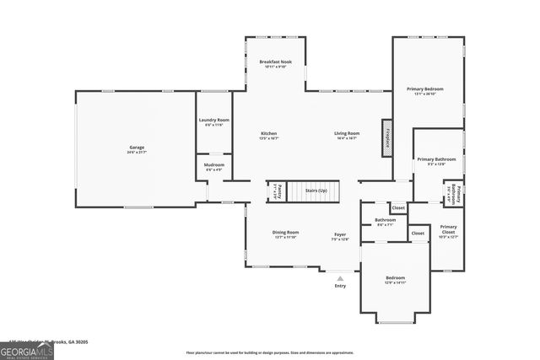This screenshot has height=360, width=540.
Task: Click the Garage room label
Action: pos(137,149)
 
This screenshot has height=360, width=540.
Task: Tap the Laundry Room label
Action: pos(214,121)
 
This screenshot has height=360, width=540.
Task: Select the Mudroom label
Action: pos(214,167)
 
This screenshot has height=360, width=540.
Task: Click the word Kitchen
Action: pos(268,133)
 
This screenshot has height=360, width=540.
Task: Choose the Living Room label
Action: pos(347,133)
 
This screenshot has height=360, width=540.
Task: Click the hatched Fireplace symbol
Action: pos(387,137)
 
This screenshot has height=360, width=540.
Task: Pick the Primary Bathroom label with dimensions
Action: pos(436,161)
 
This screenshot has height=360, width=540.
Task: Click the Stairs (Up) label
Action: pos(316,191)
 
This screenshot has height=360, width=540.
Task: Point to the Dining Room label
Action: pos(286,234)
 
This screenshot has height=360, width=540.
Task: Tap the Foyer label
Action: pos(340,236)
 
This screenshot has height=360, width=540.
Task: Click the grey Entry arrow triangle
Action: pos(340,277)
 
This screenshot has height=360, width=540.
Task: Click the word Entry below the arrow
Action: pos(340,286)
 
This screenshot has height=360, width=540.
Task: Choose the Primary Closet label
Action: pos(448,228)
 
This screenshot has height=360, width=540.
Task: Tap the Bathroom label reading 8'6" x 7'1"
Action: pos(386,222)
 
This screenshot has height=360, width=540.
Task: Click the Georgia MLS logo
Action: pos(26,352)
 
